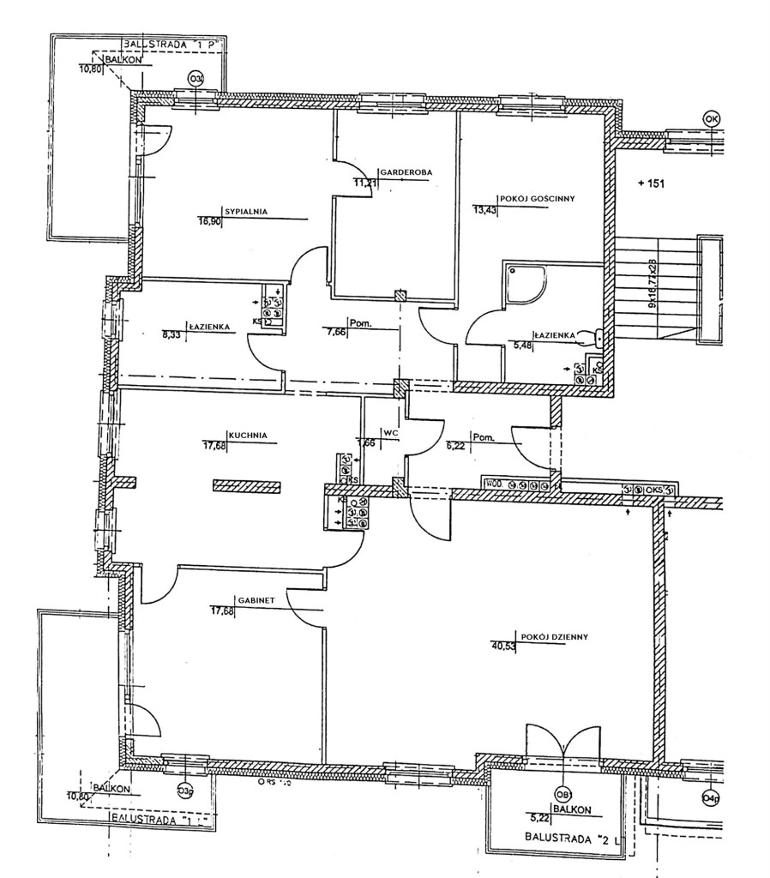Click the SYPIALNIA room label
coord(247,210)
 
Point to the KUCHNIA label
coord(247,436)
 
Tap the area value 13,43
coord(486,207)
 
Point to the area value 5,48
coord(521,346)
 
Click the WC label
coord(392,433)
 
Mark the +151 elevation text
coord(652,183)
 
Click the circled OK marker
coord(711,118)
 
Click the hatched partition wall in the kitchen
coord(247,485)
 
